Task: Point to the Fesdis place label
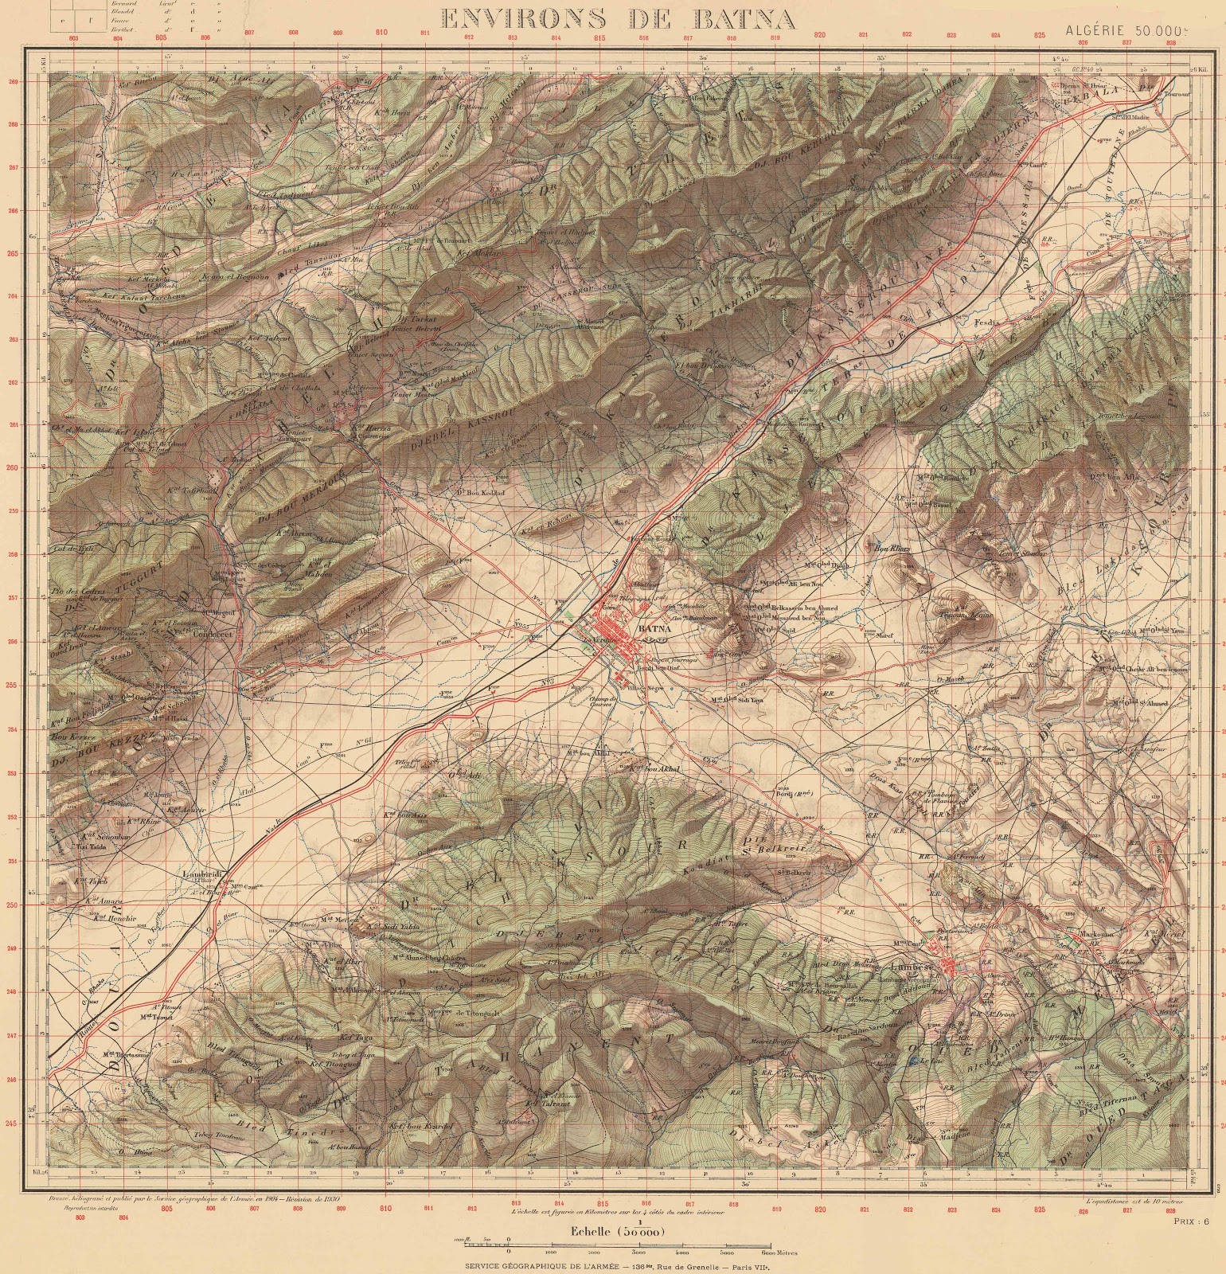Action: [986, 322]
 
